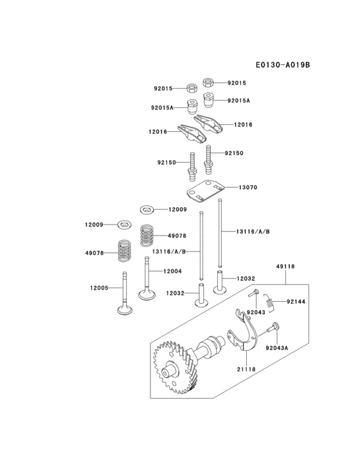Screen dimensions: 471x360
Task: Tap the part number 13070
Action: (x=248, y=187)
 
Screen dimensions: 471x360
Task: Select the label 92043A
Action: (x=277, y=347)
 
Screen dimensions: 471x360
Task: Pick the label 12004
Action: (x=173, y=271)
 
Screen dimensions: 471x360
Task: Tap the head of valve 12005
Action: (x=125, y=309)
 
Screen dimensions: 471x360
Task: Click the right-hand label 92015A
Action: (x=238, y=100)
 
